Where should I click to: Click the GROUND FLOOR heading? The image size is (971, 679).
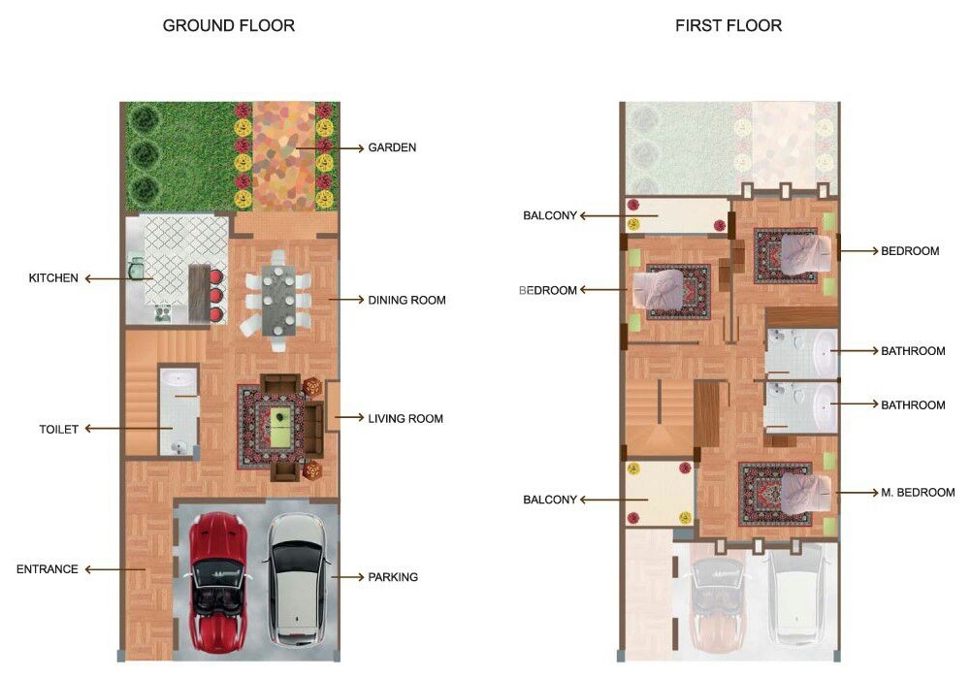click(x=229, y=25)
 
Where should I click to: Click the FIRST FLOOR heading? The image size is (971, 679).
click(x=728, y=25)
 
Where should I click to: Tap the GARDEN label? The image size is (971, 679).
click(x=392, y=147)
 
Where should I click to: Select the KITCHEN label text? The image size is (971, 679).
click(x=53, y=278)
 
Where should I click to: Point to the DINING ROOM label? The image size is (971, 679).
click(x=406, y=300)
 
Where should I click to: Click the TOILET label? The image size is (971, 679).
click(x=59, y=429)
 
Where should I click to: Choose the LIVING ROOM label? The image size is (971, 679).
click(x=405, y=418)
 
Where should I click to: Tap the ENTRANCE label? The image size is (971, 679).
click(x=48, y=568)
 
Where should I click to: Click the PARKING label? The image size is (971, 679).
click(x=393, y=577)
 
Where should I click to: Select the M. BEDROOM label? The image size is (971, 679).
click(x=918, y=492)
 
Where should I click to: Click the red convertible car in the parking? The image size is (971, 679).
click(x=219, y=581)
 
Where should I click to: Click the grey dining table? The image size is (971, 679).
click(x=278, y=300)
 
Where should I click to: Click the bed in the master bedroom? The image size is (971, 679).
click(x=804, y=494)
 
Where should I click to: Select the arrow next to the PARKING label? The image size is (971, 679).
click(x=347, y=577)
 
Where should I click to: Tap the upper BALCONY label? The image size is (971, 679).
click(x=550, y=215)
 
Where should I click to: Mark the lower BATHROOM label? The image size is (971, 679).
click(x=913, y=404)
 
